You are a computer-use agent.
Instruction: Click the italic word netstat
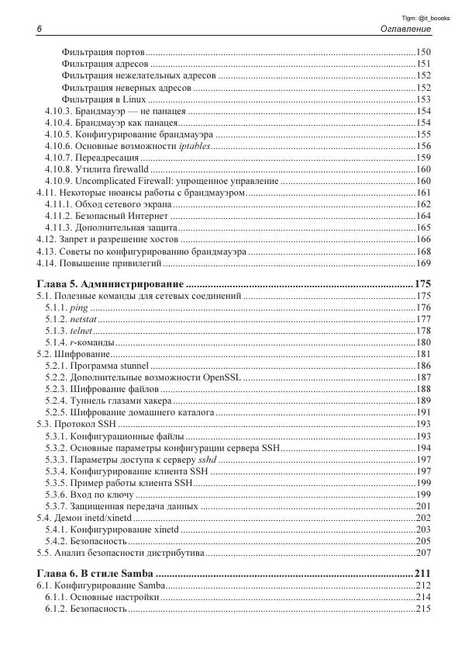(x=83, y=319)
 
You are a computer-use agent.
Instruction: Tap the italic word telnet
(x=81, y=331)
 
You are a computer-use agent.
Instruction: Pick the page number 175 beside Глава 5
(x=422, y=283)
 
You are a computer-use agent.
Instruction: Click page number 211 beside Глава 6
(x=422, y=574)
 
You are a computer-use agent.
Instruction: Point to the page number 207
(x=423, y=553)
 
